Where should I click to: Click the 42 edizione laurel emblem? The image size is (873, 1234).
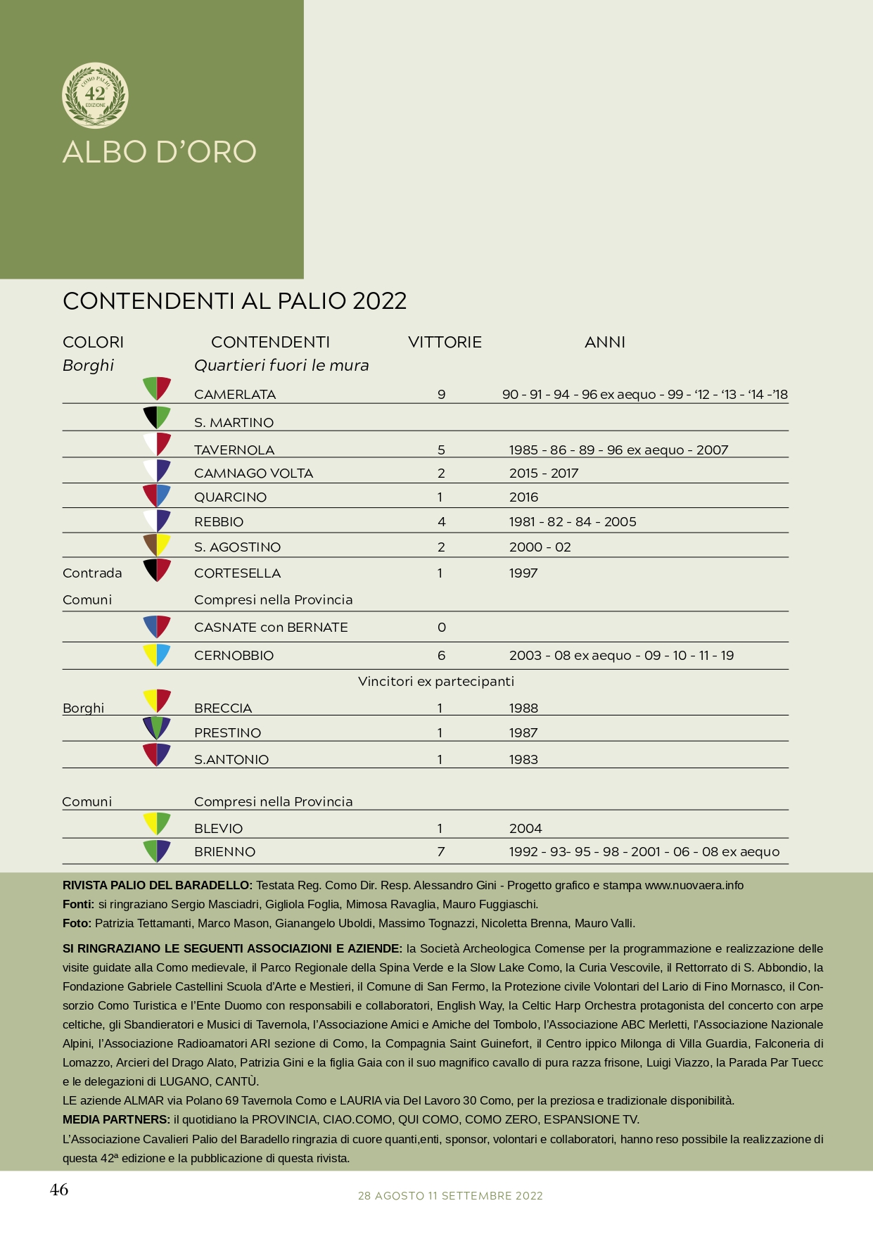pos(95,95)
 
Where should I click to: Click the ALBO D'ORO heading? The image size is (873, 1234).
pos(160,152)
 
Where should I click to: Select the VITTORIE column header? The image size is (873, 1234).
pos(445,343)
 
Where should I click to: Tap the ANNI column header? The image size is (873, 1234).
pos(604,343)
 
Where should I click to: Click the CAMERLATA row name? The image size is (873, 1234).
pos(235,395)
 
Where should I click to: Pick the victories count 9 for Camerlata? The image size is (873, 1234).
pos(441,395)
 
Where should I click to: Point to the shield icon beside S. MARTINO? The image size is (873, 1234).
pos(157,417)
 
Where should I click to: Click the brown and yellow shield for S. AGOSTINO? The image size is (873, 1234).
pos(157,545)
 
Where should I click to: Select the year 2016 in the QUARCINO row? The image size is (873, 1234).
pos(523,497)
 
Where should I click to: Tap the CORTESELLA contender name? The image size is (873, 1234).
pos(237,573)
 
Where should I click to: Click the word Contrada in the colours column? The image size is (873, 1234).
pos(92,573)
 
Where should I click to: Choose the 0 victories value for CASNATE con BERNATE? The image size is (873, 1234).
pos(441,628)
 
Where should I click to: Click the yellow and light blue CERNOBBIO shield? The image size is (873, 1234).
pos(157,654)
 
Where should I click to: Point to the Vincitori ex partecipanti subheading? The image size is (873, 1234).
pos(436,682)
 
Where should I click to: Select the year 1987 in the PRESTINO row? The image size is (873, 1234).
pos(523,733)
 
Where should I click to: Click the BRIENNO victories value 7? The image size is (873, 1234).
pos(441,852)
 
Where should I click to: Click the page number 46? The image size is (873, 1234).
pos(59,1190)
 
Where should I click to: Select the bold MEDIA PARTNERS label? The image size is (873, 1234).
pos(116,1120)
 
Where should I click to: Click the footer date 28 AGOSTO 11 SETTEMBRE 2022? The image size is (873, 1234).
pos(450,1196)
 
